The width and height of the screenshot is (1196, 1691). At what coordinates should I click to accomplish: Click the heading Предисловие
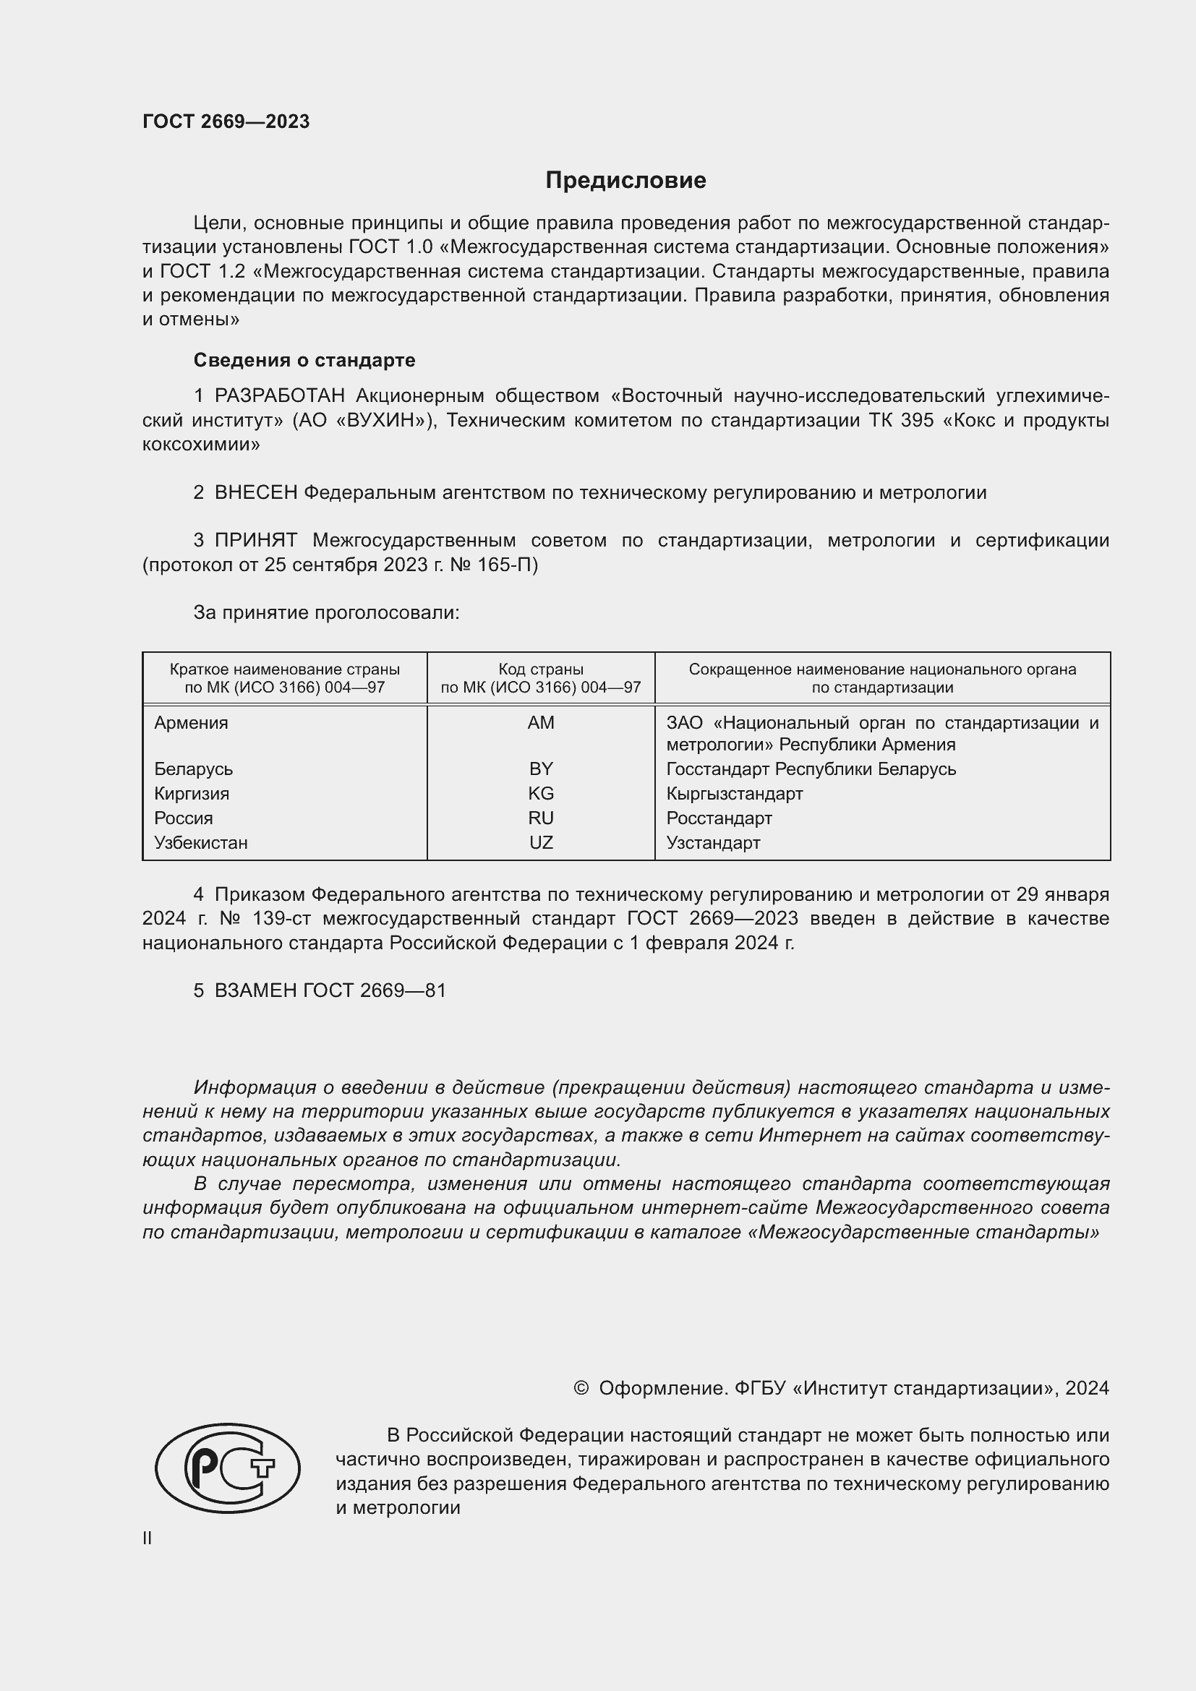pyautogui.click(x=625, y=181)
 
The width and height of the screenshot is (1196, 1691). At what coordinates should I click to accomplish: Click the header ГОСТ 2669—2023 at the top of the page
pyautogui.click(x=226, y=121)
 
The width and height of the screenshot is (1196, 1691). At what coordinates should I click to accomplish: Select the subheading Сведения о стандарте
pyautogui.click(x=304, y=360)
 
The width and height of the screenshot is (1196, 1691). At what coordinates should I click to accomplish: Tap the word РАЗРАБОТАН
pyautogui.click(x=279, y=396)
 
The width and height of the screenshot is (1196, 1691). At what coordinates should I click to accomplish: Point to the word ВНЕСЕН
pyautogui.click(x=255, y=493)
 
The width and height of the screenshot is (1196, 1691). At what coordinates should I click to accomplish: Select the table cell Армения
pyautogui.click(x=192, y=723)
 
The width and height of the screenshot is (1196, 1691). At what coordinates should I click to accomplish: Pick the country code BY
pyautogui.click(x=541, y=769)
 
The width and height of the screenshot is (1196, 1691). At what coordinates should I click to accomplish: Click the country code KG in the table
pyautogui.click(x=541, y=794)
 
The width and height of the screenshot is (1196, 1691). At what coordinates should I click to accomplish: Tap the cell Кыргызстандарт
pyautogui.click(x=734, y=794)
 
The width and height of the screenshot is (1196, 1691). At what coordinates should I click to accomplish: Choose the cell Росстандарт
pyautogui.click(x=719, y=818)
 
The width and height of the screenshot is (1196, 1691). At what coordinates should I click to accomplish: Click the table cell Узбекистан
pyautogui.click(x=201, y=842)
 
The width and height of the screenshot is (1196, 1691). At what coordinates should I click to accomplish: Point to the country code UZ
pyautogui.click(x=541, y=842)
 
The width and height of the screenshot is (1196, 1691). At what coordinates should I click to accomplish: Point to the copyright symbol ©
pyautogui.click(x=581, y=1388)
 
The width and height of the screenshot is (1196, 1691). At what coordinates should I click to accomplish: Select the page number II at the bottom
pyautogui.click(x=148, y=1538)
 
